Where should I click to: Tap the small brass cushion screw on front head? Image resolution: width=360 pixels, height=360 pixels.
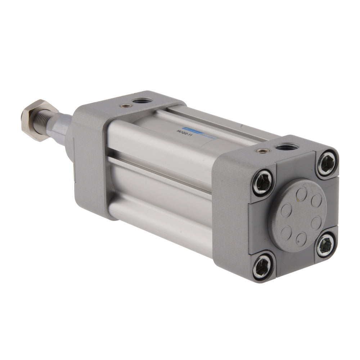(125, 105)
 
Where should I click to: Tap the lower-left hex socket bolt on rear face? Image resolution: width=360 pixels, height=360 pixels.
(262, 267)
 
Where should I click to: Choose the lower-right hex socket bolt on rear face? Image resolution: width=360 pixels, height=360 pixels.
(325, 245)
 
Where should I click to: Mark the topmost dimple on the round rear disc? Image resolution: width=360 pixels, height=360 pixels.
(302, 193)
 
